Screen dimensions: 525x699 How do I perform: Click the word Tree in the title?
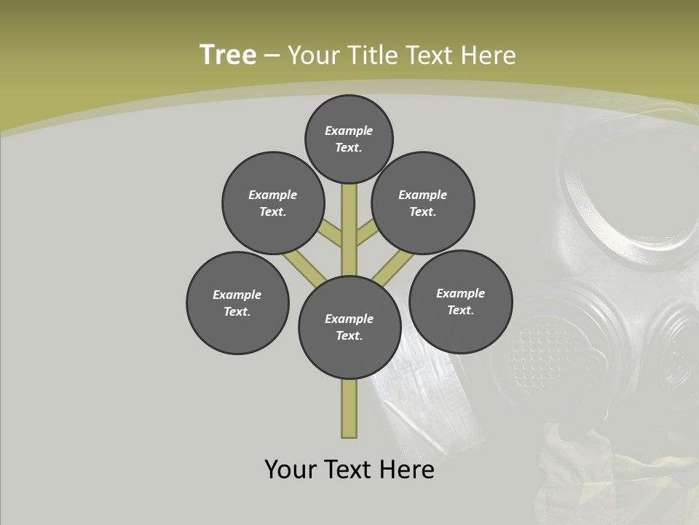pos(228,55)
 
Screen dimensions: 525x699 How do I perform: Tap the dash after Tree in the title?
pos(272,56)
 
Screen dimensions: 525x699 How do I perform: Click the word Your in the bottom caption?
pos(291,470)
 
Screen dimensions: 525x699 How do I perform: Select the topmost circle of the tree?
pos(349,139)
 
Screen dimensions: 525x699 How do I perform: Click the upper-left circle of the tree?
pos(273,203)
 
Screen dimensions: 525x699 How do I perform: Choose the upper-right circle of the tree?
pos(423,203)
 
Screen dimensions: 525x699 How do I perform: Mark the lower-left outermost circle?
pos(237,303)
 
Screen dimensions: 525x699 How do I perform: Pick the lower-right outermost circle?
pos(460,301)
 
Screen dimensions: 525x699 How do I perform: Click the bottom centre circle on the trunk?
pos(349,327)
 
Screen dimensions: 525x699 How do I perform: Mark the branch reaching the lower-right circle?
pos(393,267)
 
